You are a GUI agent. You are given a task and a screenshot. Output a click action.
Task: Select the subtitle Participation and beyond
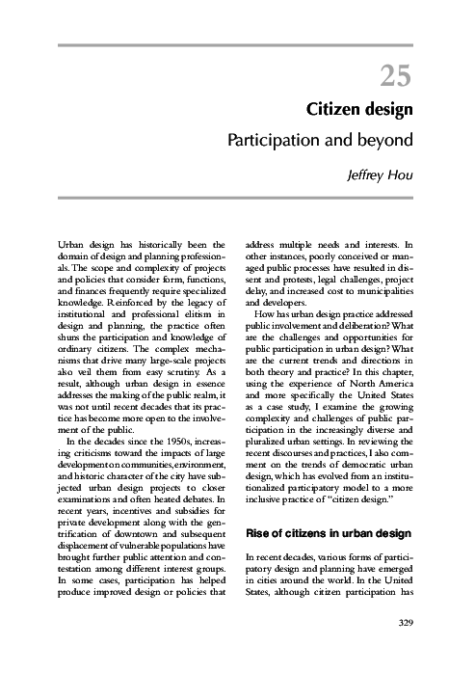(x=320, y=140)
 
